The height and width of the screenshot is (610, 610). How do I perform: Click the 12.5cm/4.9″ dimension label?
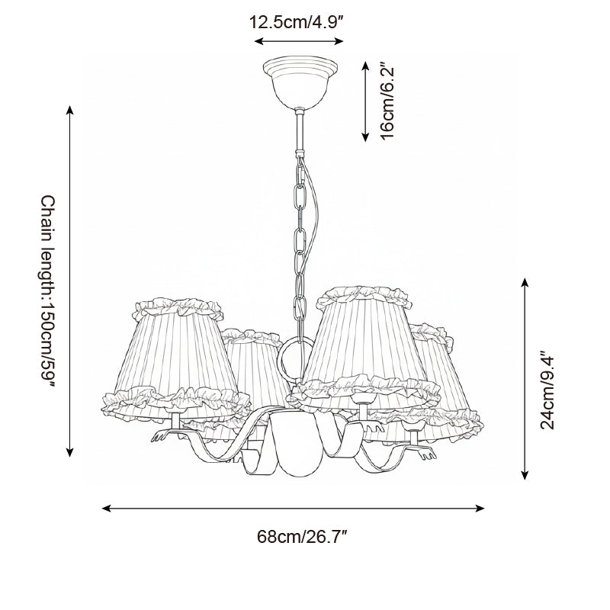pyautogui.click(x=298, y=22)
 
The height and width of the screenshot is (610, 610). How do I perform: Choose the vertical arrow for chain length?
pyautogui.click(x=70, y=281)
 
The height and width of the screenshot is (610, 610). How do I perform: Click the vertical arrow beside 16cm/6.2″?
pyautogui.click(x=364, y=101)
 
